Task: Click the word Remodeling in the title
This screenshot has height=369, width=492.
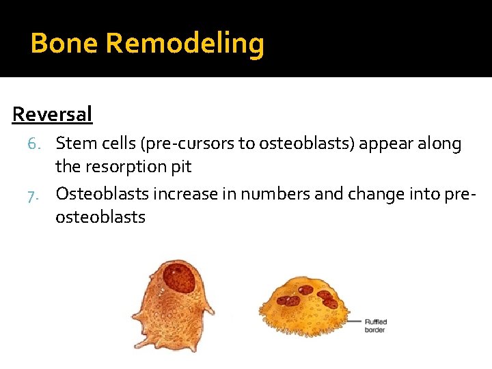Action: point(185,44)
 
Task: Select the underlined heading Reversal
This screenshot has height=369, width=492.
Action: point(52,114)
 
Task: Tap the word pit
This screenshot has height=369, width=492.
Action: point(180,167)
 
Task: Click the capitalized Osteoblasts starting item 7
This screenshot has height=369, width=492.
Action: point(102,194)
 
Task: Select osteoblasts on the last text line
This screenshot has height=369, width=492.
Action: point(100,217)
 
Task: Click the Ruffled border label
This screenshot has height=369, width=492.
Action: point(374,325)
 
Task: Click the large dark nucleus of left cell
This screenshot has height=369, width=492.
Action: point(180,279)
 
